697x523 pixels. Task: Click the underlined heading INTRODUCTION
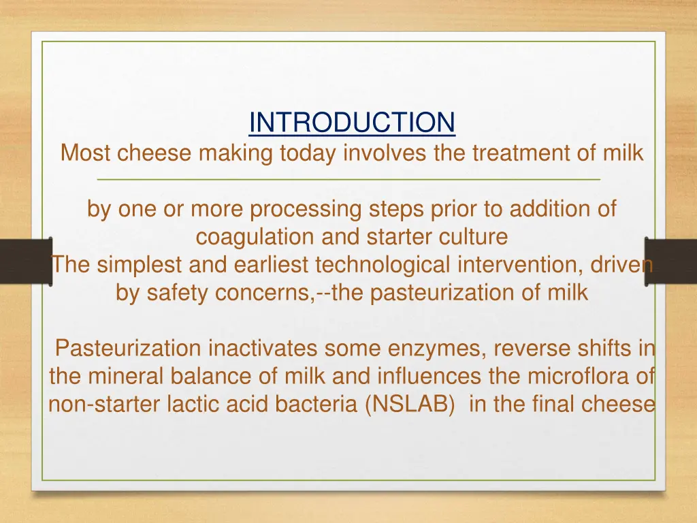[x=352, y=123]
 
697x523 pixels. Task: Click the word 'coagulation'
[x=255, y=237]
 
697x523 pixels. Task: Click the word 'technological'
[x=383, y=265]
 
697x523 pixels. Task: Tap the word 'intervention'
[x=520, y=265]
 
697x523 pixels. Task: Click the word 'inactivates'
[x=263, y=348]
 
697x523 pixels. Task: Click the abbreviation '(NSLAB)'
[x=409, y=405]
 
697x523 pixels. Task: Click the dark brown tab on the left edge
[x=27, y=261]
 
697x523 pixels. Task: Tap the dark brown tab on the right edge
[x=670, y=261]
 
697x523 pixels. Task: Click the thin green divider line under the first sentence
[x=348, y=180]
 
